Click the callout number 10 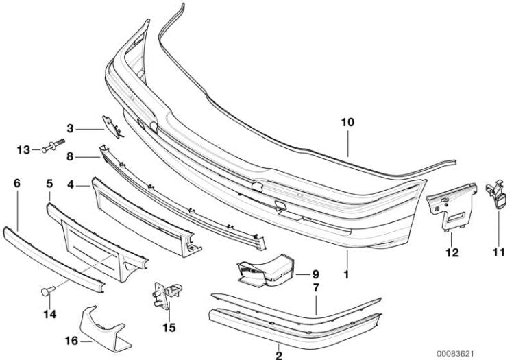[349, 123]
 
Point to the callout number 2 [278, 355]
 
